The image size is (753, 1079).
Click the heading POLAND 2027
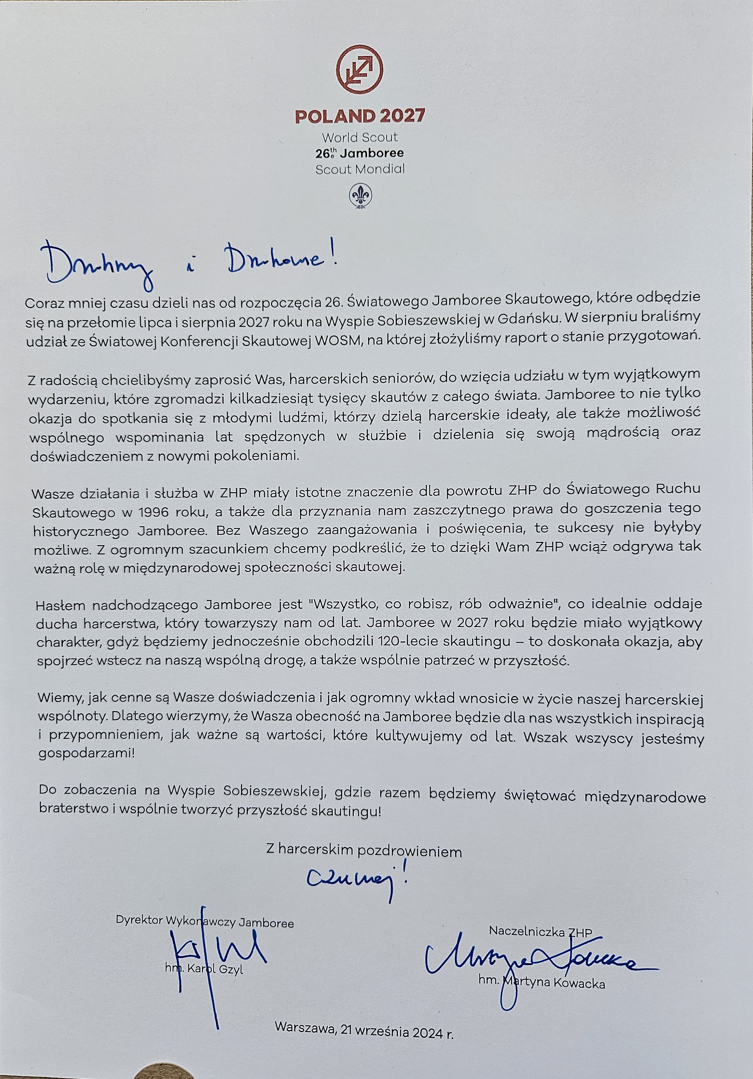pos(360,116)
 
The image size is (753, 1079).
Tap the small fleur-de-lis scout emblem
pos(361,196)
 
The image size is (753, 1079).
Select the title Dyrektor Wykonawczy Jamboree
pos(205,922)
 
